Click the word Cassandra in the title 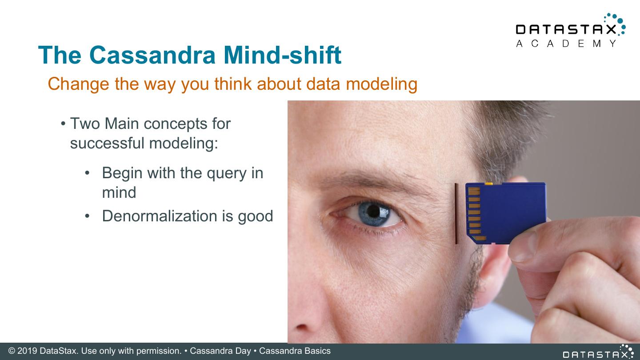point(152,55)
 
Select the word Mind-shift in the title point(282,55)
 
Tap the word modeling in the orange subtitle point(381,84)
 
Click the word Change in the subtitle point(79,84)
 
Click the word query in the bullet point(227,174)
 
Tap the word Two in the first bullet point(85,124)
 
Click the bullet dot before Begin point(88,173)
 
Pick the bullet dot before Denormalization point(88,216)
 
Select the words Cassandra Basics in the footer point(295,351)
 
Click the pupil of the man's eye point(373,211)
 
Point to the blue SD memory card point(506,213)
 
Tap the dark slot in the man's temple point(456,213)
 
